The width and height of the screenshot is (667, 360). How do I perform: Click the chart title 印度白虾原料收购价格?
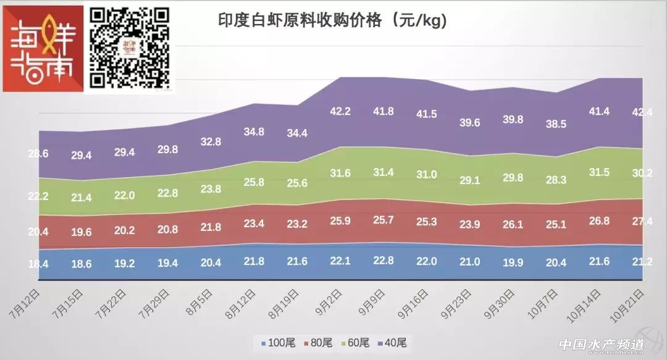coord(332,20)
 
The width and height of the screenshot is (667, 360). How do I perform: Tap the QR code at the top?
coord(130,47)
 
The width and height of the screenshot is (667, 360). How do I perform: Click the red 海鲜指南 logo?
coord(43,49)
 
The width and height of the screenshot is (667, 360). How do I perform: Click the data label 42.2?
coord(340,111)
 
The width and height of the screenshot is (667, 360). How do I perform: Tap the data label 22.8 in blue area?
coord(384,261)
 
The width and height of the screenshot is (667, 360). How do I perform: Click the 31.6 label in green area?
coord(340,172)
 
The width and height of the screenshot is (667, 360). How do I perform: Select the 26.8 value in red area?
coord(600,221)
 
